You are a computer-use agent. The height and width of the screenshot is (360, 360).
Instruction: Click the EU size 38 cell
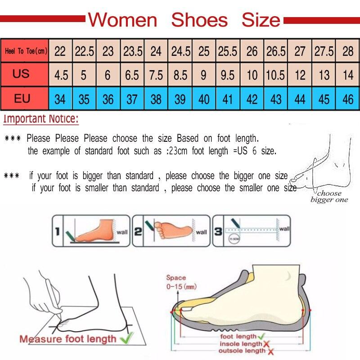(x=156, y=99)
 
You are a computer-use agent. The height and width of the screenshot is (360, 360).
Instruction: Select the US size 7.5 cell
(x=156, y=74)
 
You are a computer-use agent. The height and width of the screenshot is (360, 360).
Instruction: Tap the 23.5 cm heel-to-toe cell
(x=132, y=51)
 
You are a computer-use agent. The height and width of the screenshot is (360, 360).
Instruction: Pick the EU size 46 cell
(x=348, y=99)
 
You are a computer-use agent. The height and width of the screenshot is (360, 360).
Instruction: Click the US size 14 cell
(x=348, y=74)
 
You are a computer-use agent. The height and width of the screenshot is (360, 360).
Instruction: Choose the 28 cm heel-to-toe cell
(x=348, y=51)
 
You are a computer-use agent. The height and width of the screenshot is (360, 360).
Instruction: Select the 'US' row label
(x=21, y=74)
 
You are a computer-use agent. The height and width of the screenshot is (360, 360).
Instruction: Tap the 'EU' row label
(x=22, y=98)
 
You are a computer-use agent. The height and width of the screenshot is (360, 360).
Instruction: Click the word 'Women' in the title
(x=123, y=20)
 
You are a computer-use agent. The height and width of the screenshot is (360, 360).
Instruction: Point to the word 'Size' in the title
(x=261, y=20)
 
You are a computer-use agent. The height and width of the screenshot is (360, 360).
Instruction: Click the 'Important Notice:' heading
(x=41, y=120)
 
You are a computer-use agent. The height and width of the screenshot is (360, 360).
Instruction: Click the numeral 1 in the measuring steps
(x=58, y=232)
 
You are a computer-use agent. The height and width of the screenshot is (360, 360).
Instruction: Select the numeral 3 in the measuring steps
(x=218, y=232)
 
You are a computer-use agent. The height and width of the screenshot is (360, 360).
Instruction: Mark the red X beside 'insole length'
(x=267, y=344)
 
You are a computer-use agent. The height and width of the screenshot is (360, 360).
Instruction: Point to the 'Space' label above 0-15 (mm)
(x=176, y=278)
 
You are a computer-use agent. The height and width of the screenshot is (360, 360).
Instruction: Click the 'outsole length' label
(x=243, y=351)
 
